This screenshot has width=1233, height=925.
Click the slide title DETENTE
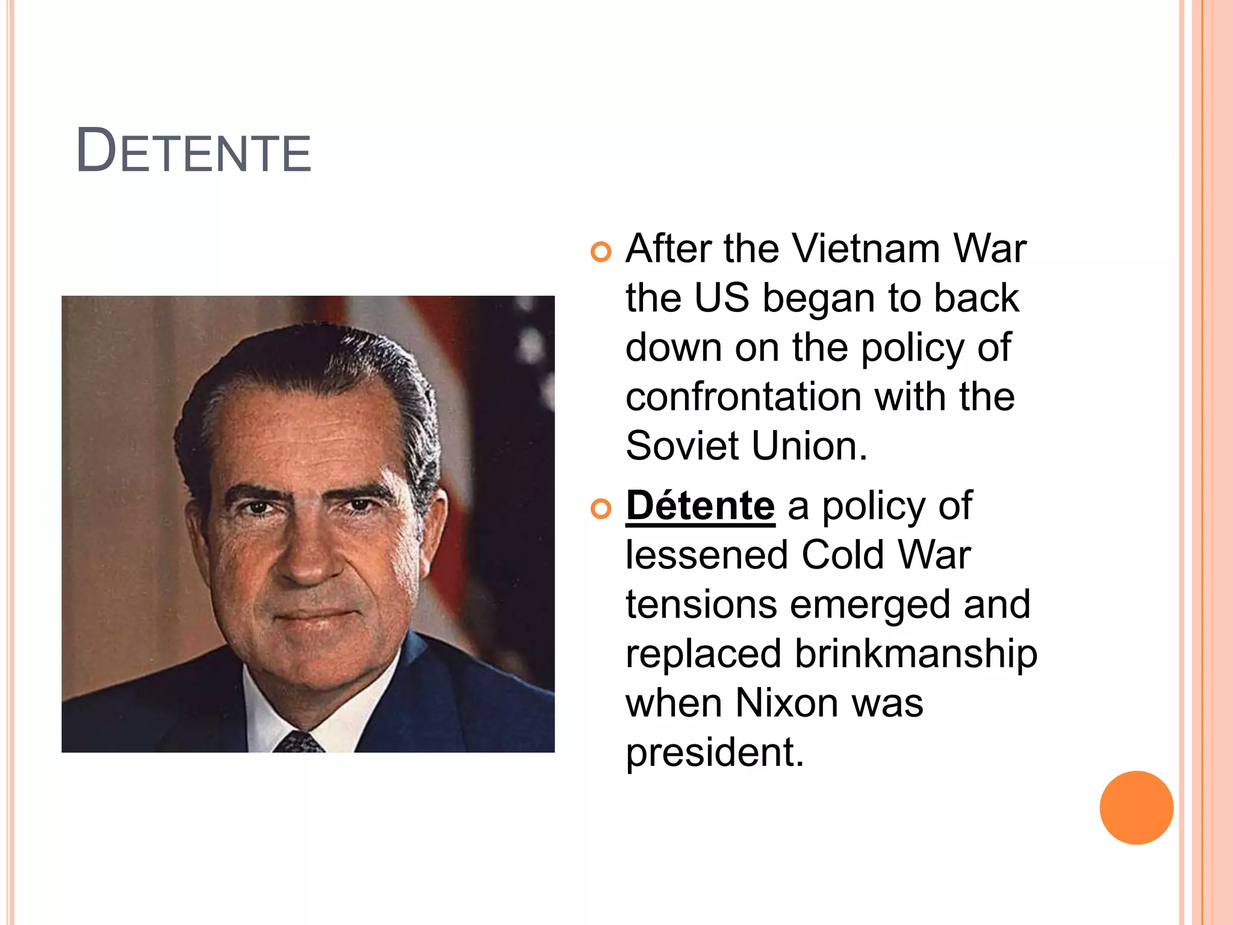point(193,151)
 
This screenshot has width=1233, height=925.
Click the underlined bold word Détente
point(700,506)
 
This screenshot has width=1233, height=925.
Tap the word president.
point(714,753)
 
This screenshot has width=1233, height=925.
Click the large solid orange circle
point(1136,808)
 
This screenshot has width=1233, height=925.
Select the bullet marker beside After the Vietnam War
point(601,251)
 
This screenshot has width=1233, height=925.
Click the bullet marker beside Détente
point(601,509)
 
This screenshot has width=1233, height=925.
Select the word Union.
point(809,446)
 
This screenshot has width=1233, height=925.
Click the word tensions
point(701,605)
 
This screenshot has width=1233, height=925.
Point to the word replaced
point(703,654)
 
